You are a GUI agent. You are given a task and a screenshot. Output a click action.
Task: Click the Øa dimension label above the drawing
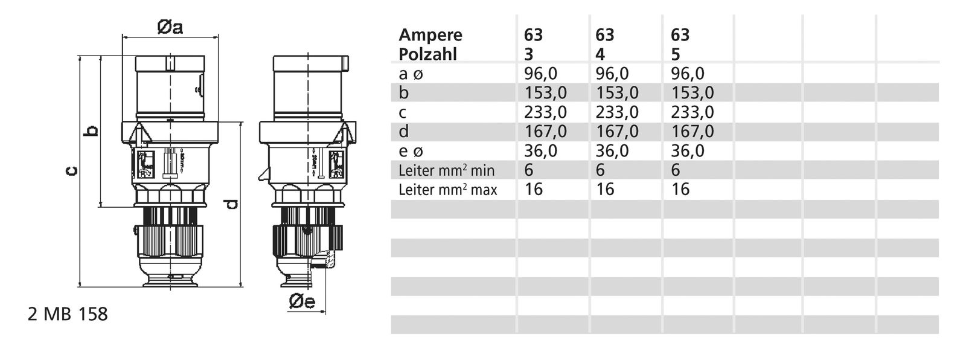tap(170, 28)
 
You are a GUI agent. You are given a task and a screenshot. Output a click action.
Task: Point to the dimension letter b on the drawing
tap(91, 130)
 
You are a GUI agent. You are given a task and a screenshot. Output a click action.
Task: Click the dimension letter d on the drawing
tap(230, 205)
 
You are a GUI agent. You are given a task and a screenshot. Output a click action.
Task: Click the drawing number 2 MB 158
tap(68, 315)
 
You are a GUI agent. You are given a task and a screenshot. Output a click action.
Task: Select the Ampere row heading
tap(430, 35)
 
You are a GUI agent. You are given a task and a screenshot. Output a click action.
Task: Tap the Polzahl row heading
tap(427, 54)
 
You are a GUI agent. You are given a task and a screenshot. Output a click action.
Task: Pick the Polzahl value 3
tap(528, 54)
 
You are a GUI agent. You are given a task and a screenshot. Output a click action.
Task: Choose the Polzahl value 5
tap(676, 54)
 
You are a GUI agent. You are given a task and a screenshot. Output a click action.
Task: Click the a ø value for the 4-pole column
tap(612, 74)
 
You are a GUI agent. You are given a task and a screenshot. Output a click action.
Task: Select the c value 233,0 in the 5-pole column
tap(693, 112)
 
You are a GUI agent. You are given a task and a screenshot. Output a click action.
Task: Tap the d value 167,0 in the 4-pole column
tap(617, 132)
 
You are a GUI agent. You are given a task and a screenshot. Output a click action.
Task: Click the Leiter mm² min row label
tap(447, 170)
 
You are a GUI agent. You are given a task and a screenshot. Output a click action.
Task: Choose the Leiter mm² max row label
tap(448, 190)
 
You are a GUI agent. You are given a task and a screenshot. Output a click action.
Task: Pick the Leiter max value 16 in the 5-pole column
tap(680, 190)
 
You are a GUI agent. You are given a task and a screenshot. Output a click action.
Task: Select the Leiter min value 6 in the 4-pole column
tap(600, 170)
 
